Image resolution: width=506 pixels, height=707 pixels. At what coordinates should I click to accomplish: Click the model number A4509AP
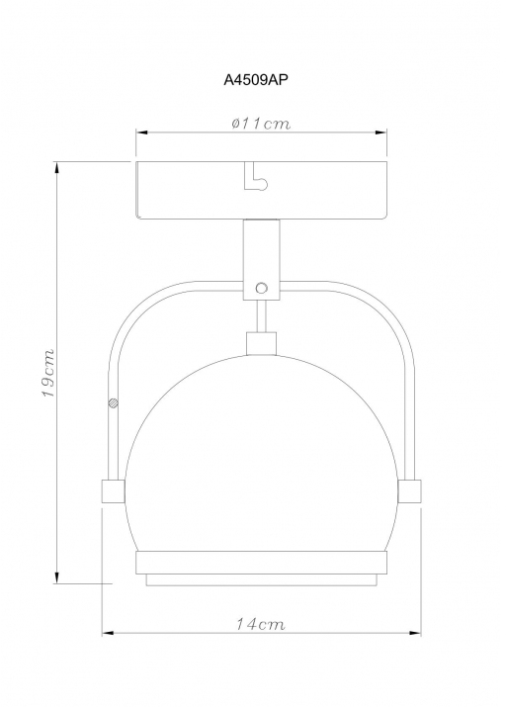tap(256, 80)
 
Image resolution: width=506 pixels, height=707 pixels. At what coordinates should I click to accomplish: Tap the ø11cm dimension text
tap(261, 123)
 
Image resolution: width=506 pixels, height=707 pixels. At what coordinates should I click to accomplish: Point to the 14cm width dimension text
tap(261, 624)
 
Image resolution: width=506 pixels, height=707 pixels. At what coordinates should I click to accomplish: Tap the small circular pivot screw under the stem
tap(261, 288)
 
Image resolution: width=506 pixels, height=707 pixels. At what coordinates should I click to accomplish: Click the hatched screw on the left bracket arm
tap(113, 403)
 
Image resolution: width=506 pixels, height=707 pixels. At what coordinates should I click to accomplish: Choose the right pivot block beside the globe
tap(409, 491)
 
